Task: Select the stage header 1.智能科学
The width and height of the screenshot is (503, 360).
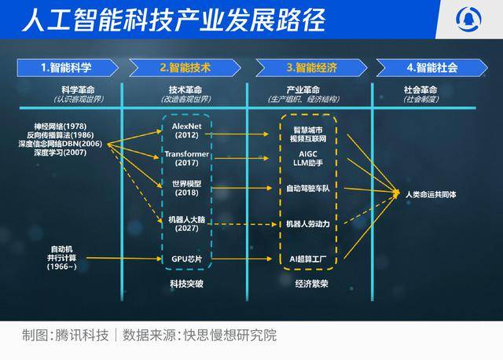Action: pos(69,68)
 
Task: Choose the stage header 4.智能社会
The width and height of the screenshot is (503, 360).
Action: pos(431,68)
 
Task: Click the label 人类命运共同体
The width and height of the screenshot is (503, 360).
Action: pos(435,193)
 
